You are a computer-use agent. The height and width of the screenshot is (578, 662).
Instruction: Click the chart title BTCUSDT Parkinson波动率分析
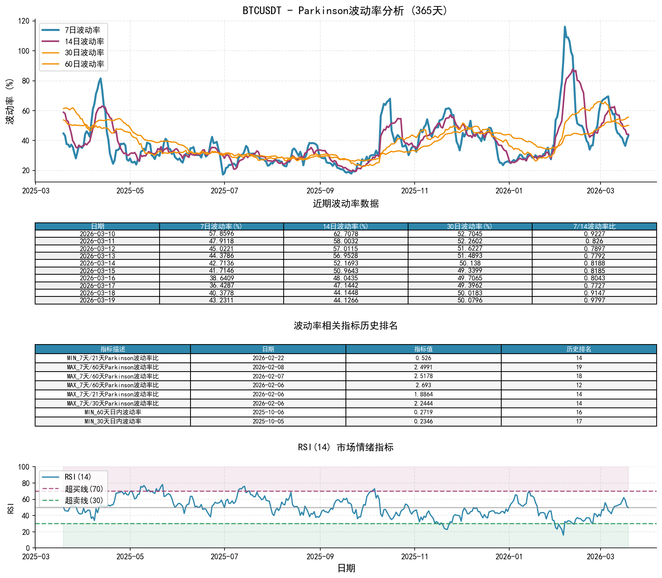pos(346,10)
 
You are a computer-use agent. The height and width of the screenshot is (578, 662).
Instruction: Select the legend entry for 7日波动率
pos(82,30)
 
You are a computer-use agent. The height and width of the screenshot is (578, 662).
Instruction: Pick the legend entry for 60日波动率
pos(84,64)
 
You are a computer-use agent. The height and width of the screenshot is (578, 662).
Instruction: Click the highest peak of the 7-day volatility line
pos(565,27)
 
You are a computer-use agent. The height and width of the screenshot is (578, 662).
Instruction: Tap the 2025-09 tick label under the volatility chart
pos(320,191)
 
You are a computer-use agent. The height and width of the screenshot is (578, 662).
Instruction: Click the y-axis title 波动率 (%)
pos(10,101)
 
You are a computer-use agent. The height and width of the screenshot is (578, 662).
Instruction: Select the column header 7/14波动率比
pos(594,227)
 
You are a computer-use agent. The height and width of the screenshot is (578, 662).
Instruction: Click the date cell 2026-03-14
pos(97,263)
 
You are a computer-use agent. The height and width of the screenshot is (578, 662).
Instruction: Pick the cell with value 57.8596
pos(221,233)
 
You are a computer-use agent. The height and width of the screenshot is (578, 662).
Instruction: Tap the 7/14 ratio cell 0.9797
pos(594,300)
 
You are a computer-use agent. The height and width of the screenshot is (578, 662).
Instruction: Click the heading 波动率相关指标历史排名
pos(346,325)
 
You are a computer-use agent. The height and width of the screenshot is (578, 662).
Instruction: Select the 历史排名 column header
pos(579,349)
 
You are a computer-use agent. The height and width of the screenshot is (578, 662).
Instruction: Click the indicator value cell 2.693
pos(423,385)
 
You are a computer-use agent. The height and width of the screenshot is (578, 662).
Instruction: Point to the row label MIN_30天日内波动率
pos(113,422)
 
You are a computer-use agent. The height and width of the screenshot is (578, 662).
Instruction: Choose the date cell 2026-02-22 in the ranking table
pos(268,358)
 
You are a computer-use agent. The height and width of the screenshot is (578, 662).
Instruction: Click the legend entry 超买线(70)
pos(84,489)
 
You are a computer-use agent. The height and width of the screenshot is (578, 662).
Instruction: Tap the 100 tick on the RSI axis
pos(24,467)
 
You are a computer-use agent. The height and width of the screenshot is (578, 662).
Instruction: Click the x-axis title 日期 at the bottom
pos(346,568)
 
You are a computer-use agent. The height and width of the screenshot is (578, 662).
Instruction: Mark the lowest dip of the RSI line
pos(563,535)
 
